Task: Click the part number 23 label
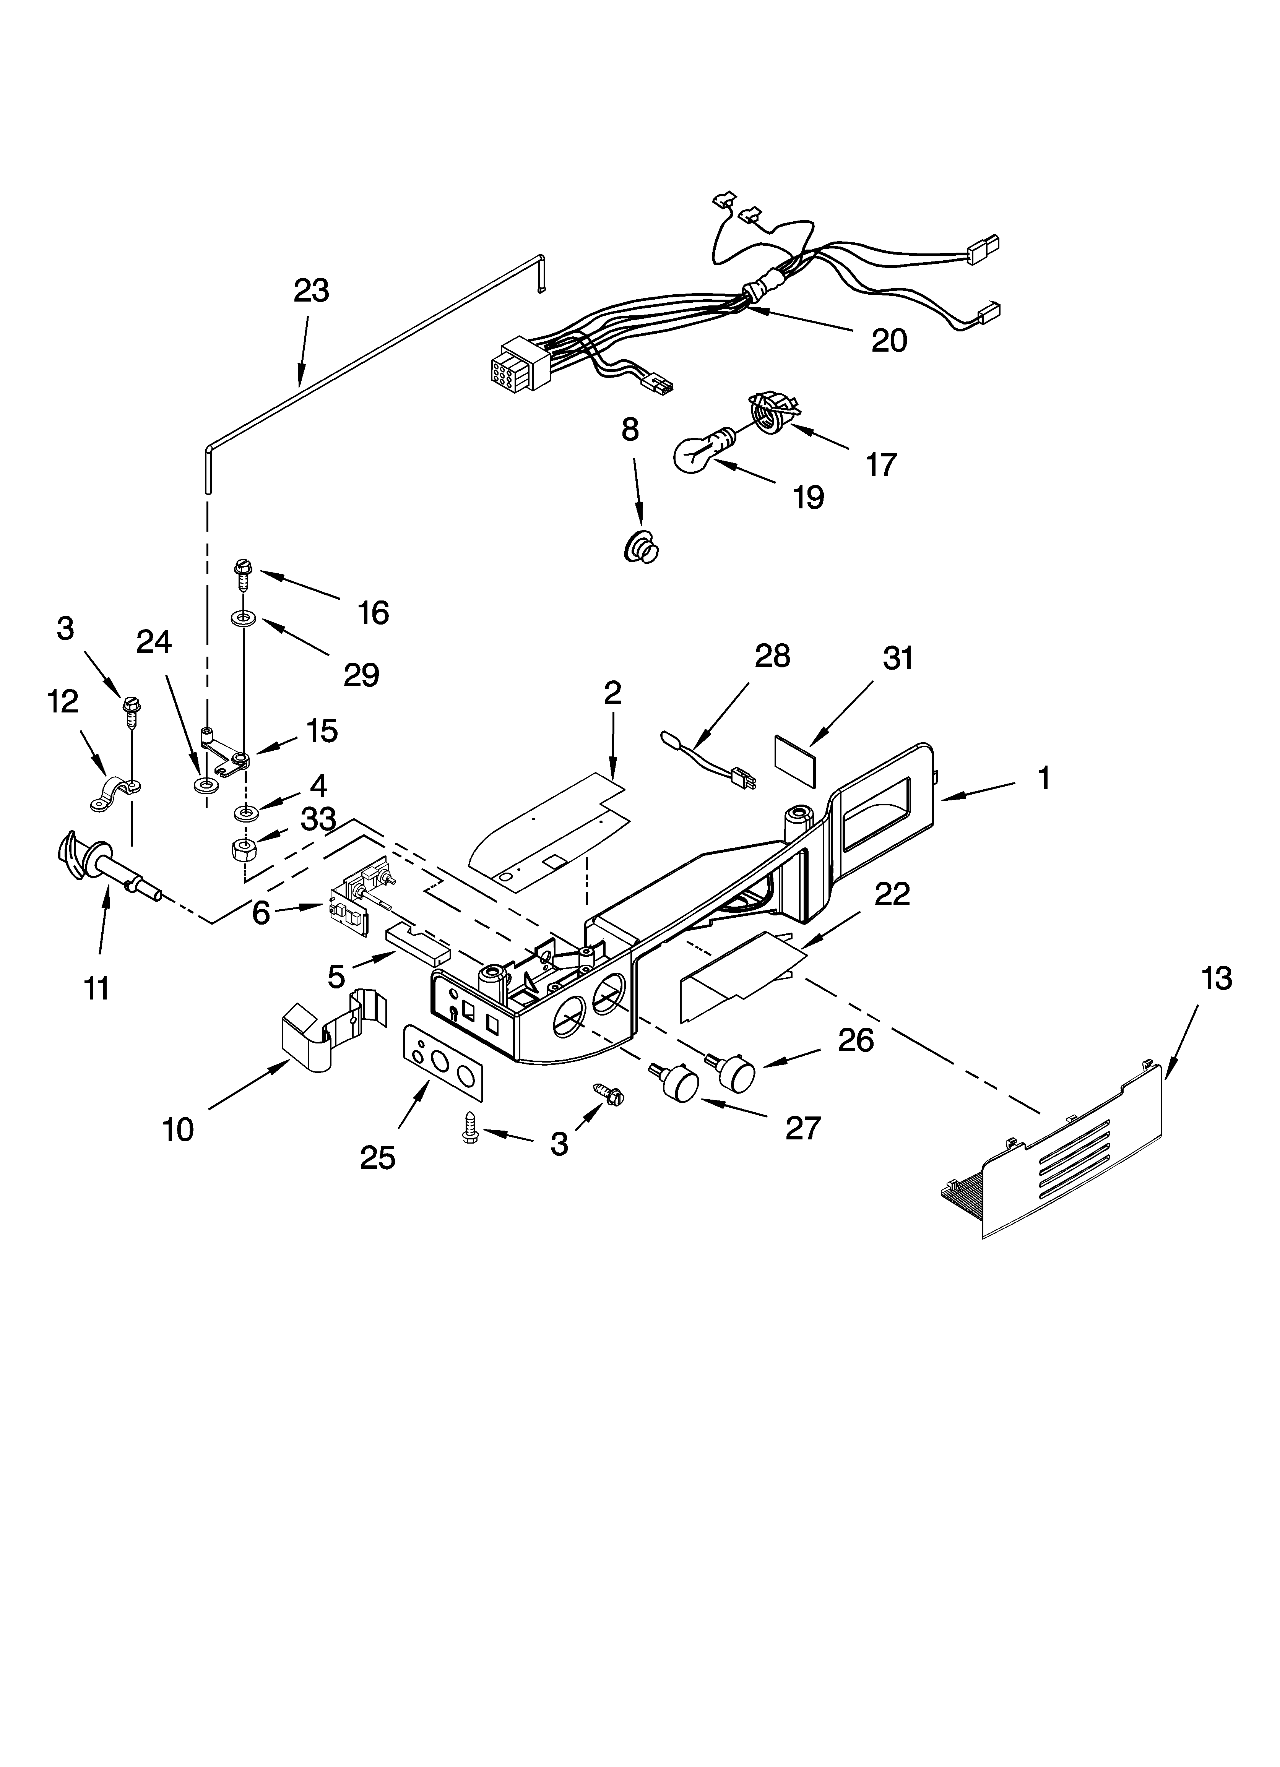pyautogui.click(x=311, y=290)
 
